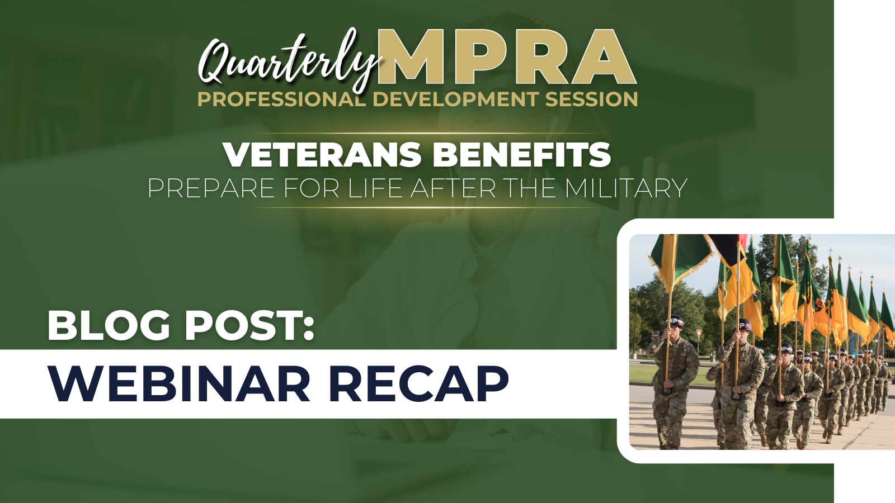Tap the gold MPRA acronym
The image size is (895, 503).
(507, 56)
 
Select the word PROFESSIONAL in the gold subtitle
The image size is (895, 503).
(281, 99)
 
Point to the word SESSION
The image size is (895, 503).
(591, 99)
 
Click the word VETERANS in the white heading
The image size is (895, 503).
(322, 154)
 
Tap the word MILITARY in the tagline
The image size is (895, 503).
(626, 188)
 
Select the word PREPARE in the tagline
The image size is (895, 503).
(211, 188)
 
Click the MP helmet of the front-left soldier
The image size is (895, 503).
(675, 321)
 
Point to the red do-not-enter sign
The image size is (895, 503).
(655, 335)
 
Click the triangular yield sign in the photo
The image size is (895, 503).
(699, 334)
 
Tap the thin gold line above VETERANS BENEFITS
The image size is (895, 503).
(426, 134)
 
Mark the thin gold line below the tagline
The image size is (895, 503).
(426, 207)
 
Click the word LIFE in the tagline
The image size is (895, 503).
(375, 188)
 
